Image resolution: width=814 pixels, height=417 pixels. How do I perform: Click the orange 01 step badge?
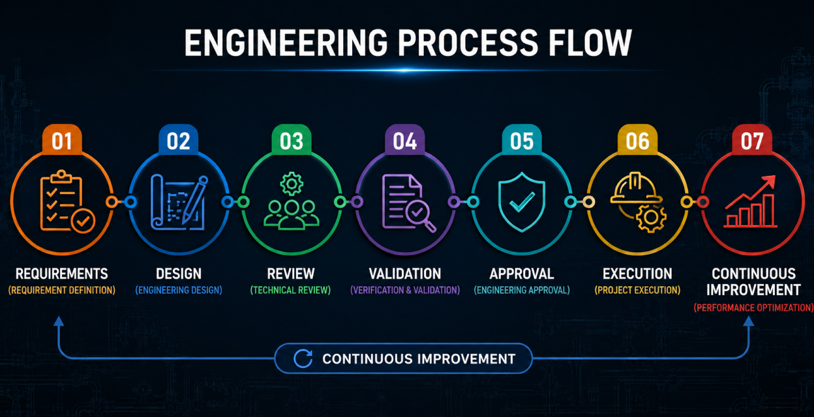pos(62,140)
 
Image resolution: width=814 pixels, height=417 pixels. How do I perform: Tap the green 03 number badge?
pos(292,140)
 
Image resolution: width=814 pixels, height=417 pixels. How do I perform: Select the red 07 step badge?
pos(752,140)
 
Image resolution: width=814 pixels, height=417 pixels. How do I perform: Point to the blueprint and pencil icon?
pos(179,203)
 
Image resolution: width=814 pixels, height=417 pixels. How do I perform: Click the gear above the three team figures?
pos(292,184)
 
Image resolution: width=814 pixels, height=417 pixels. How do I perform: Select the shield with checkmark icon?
pos(522,202)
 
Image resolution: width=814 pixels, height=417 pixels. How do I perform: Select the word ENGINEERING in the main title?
pos(286,43)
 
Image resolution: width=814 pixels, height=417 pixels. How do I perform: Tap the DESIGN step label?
pos(179,274)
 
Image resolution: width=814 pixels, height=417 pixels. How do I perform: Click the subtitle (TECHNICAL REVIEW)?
pos(290,291)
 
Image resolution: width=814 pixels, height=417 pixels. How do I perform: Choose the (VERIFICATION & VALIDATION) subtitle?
pos(405,291)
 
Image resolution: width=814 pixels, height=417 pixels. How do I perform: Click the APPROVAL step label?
pos(522,274)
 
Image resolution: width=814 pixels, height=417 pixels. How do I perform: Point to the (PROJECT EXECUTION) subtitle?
pos(637,291)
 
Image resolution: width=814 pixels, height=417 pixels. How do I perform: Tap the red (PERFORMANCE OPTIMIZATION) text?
pos(754,308)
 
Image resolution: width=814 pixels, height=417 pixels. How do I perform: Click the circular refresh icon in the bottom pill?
pos(303,358)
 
